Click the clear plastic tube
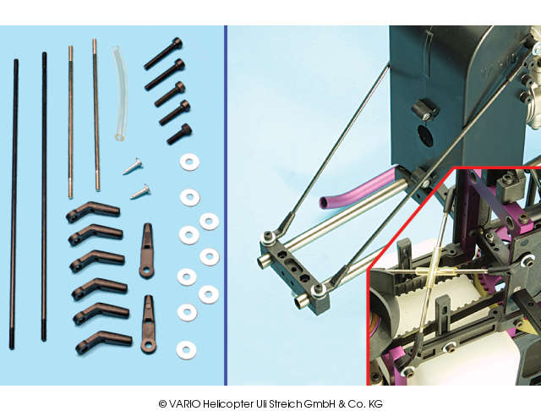120,93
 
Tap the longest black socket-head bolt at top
163,53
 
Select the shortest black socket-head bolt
180,134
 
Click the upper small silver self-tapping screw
133,166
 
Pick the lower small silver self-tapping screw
140,192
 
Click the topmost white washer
189,162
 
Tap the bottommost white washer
186,350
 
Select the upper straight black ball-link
146,250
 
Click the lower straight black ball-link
149,325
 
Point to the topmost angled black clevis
92,211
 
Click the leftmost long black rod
14,204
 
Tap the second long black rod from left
44,197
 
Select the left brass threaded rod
70,122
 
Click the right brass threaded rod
96,114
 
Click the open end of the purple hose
323,203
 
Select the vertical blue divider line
226,205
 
